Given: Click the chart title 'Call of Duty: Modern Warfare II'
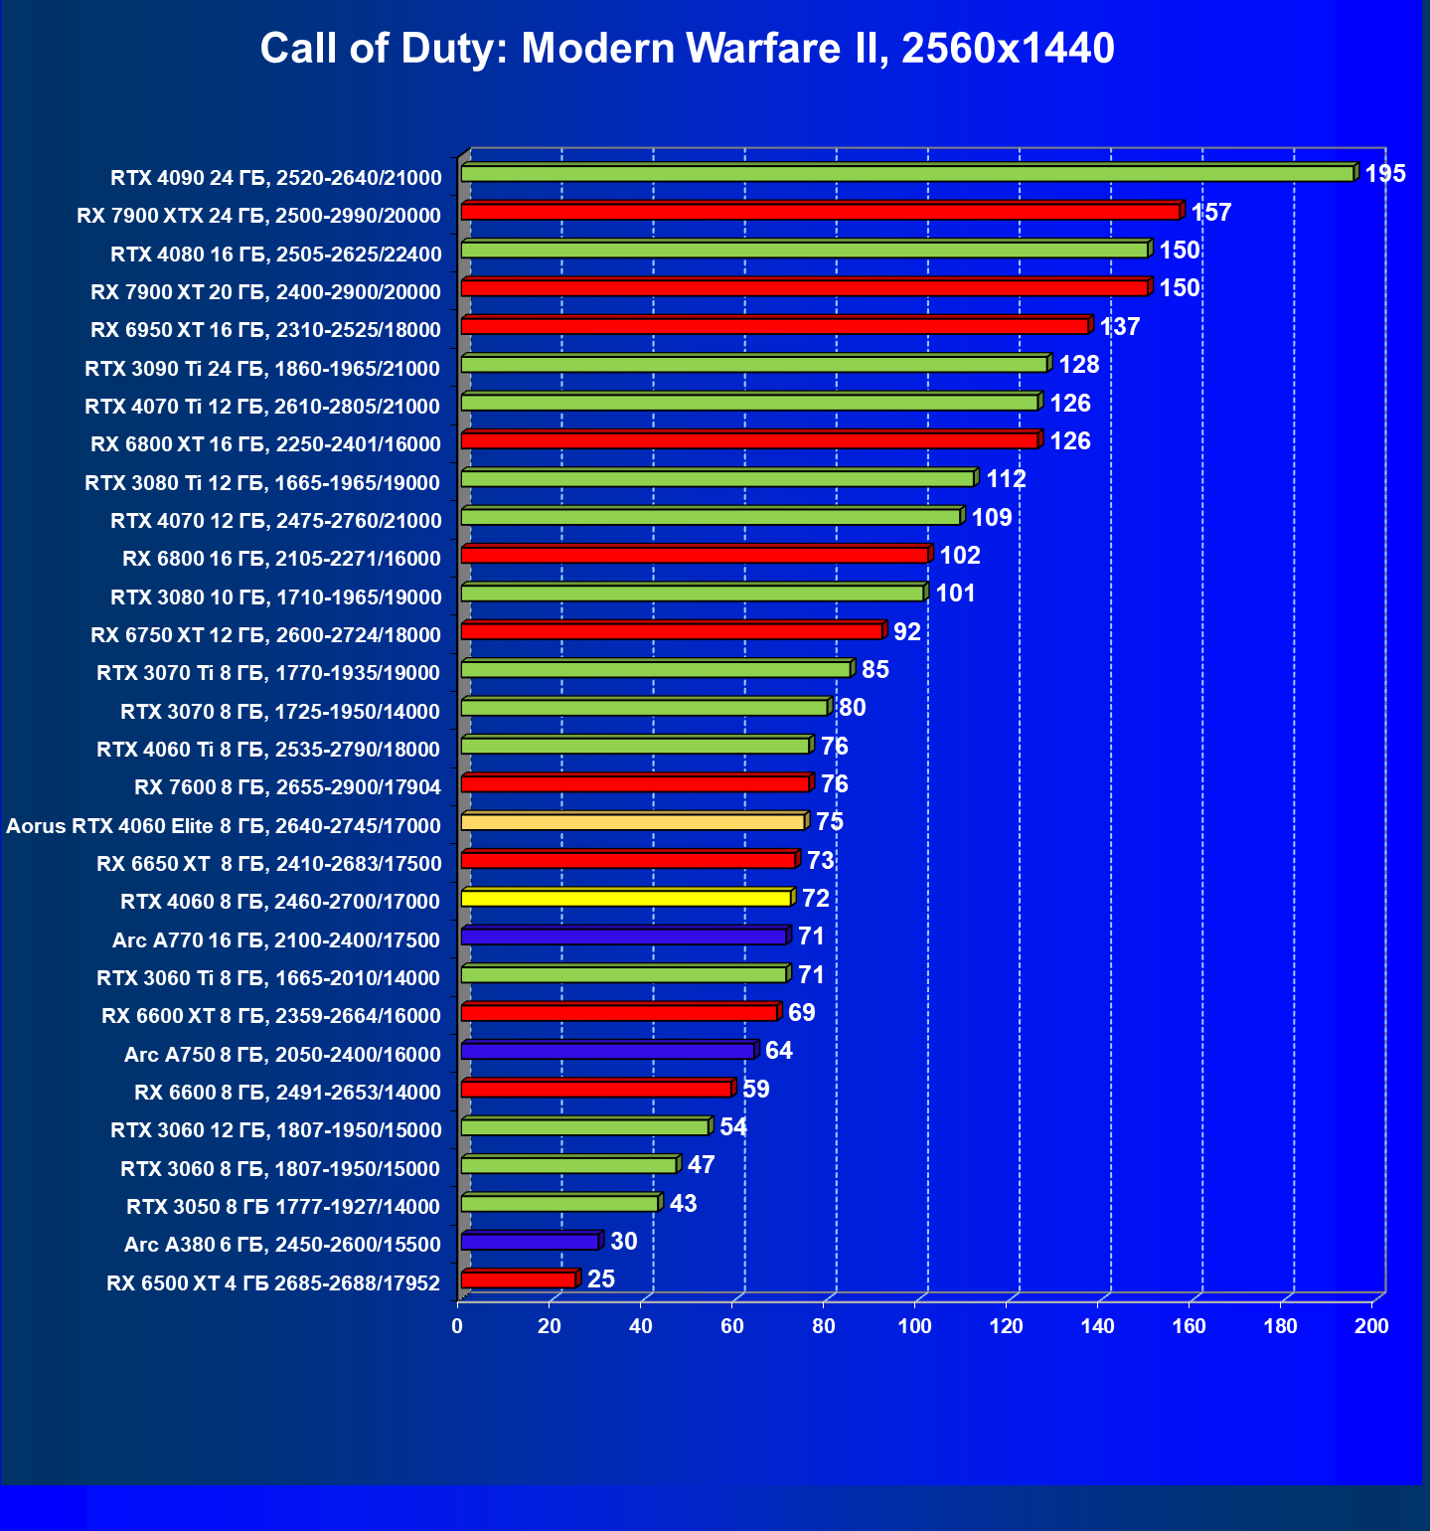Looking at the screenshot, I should click(x=687, y=49).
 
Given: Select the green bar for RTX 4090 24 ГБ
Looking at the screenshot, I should click(x=906, y=174).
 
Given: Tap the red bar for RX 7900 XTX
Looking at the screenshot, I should click(x=820, y=212).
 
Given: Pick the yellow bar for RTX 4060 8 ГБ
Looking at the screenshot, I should click(x=626, y=899).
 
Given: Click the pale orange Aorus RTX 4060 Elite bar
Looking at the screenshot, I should click(x=633, y=822).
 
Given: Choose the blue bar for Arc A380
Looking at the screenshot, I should click(x=530, y=1242).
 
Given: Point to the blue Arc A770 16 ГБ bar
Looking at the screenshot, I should click(x=624, y=936).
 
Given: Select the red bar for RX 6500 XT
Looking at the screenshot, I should click(x=518, y=1279).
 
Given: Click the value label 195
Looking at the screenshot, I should click(x=1384, y=174).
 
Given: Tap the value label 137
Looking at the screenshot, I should click(x=1119, y=327).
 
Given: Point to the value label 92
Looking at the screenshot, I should click(x=906, y=632).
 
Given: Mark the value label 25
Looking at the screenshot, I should click(x=600, y=1279).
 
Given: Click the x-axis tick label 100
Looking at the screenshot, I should click(x=914, y=1326).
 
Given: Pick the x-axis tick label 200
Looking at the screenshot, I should click(x=1371, y=1326).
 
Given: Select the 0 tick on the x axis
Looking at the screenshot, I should click(x=457, y=1326).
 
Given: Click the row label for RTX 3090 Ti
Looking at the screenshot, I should click(x=262, y=369).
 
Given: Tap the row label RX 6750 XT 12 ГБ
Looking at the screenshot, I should click(x=265, y=635).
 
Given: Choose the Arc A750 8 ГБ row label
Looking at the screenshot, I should click(x=282, y=1055).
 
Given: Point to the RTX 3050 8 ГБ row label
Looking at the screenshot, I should click(x=283, y=1207).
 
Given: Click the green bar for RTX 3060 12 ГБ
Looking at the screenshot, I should click(x=584, y=1127).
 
